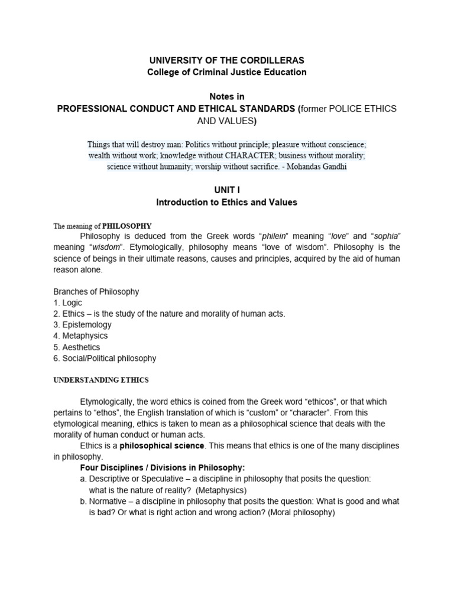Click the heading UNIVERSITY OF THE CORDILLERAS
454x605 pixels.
[x=227, y=61]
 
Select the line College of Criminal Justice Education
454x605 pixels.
[x=227, y=72]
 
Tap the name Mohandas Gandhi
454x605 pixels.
[x=323, y=167]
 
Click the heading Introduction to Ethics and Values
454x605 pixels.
[x=227, y=202]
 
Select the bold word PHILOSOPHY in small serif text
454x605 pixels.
[x=127, y=226]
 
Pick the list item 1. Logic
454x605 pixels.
[x=68, y=302]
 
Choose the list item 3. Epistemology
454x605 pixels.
[x=82, y=325]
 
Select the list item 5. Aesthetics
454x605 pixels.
[x=77, y=347]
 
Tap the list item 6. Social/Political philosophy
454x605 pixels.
[x=105, y=359]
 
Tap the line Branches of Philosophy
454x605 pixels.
[x=96, y=291]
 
